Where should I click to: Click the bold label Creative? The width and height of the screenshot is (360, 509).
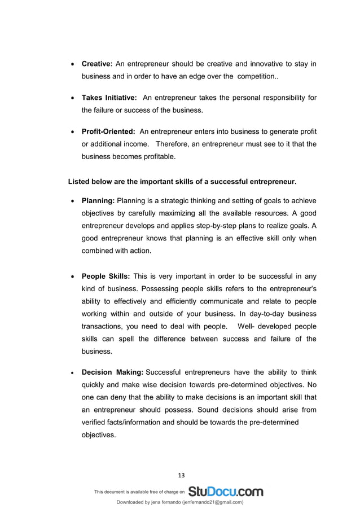[98, 64]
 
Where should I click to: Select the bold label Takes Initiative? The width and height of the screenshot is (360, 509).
[109, 98]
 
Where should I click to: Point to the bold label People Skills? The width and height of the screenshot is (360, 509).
[106, 277]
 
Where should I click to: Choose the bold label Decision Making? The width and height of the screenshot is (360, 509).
[112, 372]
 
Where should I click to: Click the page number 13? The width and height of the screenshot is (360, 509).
[180, 475]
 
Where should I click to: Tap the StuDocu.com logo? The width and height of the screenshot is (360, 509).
[225, 492]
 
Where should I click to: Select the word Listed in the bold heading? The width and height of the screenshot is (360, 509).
[79, 182]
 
